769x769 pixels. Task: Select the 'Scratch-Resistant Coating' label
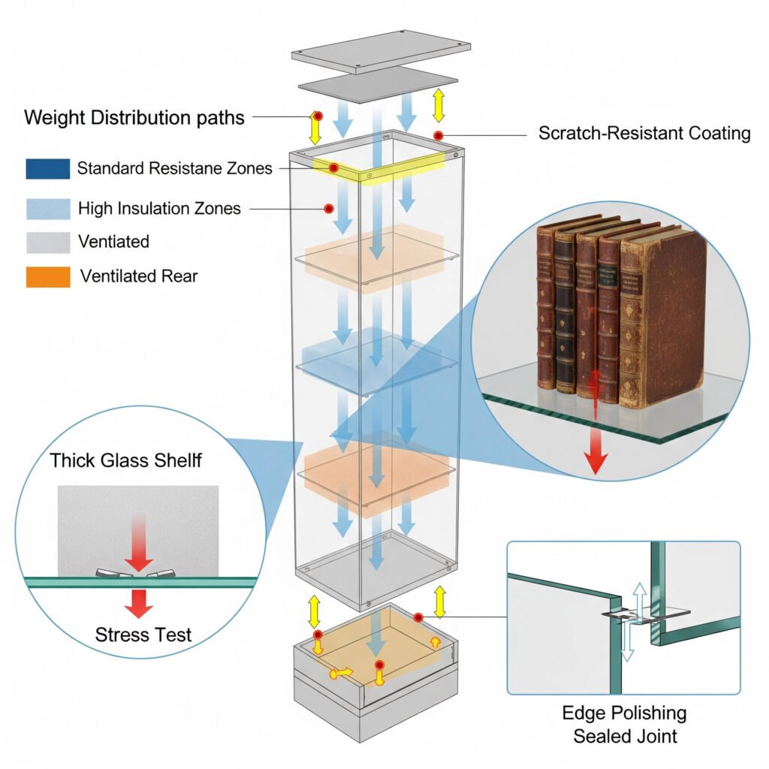point(644,134)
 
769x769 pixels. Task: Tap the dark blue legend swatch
point(47,169)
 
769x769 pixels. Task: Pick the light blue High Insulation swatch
point(47,208)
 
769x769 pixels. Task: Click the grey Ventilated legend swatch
point(47,242)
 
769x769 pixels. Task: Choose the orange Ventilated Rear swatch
point(47,276)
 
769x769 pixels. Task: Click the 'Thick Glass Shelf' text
point(125,460)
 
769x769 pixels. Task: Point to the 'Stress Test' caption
point(143,635)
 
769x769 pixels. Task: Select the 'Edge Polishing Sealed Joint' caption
point(624,722)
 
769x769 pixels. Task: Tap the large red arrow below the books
point(596,451)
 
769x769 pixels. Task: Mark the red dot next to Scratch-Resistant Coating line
point(437,134)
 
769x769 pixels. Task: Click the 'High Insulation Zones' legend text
point(159,208)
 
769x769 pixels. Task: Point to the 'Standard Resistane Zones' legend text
point(174,169)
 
